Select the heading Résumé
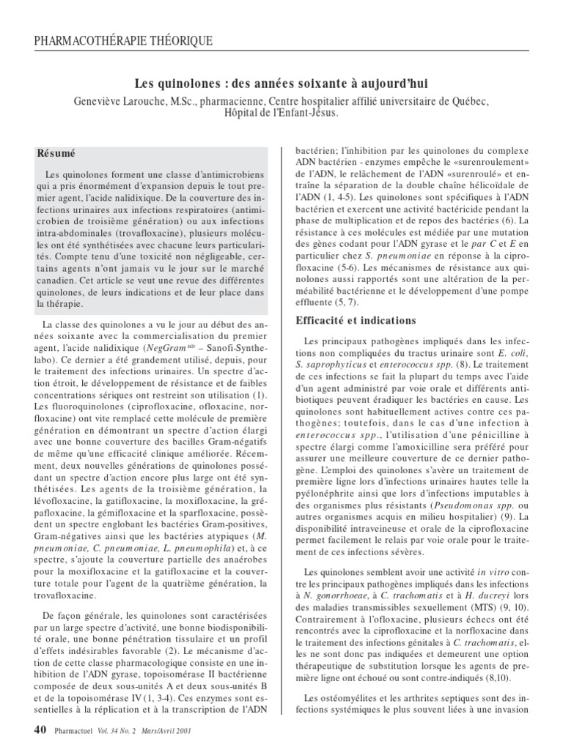56,154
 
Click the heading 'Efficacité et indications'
355,320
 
